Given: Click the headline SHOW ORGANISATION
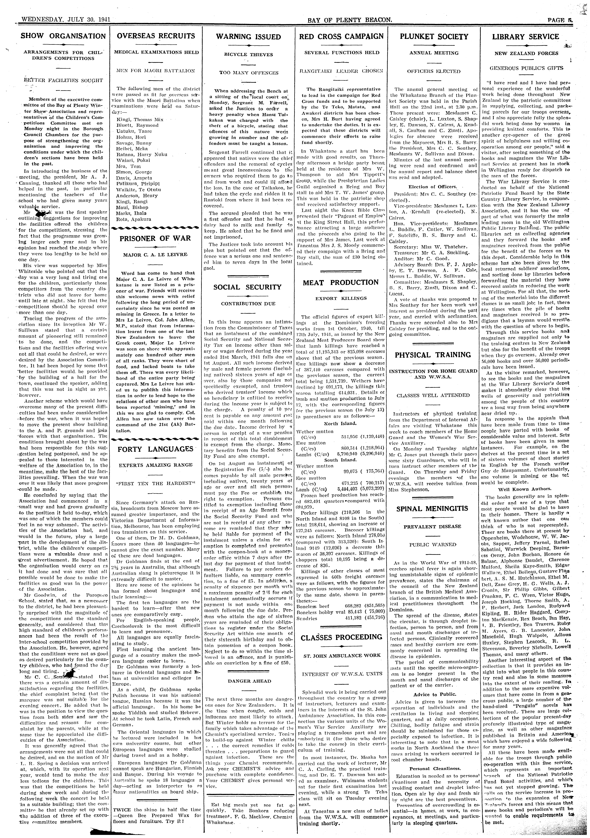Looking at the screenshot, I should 63,36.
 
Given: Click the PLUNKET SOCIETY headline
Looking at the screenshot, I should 434,36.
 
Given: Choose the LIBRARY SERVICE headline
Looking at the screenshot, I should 526,36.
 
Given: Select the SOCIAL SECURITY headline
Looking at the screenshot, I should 248,287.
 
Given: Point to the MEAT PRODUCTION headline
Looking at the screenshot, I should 341,282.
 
